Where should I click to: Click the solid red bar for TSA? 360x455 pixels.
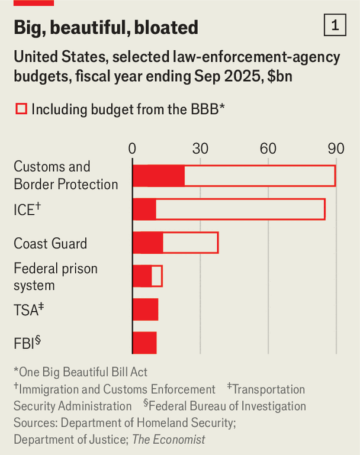(x=145, y=309)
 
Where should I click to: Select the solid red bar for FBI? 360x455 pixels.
(x=144, y=343)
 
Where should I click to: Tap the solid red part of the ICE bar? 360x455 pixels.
(x=144, y=209)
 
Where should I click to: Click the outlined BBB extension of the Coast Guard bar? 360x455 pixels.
(x=190, y=243)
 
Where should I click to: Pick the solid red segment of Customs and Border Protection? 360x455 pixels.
(x=158, y=176)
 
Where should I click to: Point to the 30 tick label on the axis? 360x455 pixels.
(x=200, y=149)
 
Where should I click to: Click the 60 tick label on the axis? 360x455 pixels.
(x=268, y=149)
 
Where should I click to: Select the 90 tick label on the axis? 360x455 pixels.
(x=336, y=149)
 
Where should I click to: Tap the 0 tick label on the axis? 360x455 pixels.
(x=133, y=149)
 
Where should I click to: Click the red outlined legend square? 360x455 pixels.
(x=21, y=109)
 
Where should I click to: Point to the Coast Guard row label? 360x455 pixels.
(x=50, y=243)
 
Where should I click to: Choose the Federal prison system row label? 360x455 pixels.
(x=56, y=277)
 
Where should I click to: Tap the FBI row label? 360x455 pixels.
(x=27, y=343)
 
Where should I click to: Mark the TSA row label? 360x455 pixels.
(x=28, y=309)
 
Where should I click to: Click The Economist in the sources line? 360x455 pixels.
(x=169, y=440)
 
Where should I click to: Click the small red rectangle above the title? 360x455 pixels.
(x=34, y=3)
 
